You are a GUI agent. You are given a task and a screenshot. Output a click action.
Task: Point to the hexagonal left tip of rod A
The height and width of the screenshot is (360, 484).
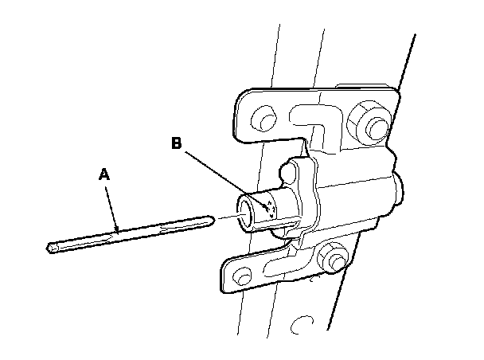(x=52, y=248)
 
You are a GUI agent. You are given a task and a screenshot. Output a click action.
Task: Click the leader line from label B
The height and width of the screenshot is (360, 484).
(x=227, y=178)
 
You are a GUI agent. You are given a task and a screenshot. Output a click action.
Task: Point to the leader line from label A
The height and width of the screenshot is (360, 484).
(x=111, y=204)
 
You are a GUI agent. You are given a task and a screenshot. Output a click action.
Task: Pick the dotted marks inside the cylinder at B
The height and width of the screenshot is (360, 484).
(x=269, y=209)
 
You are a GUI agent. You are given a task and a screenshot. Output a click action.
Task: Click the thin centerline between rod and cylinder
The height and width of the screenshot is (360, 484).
(x=226, y=215)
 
